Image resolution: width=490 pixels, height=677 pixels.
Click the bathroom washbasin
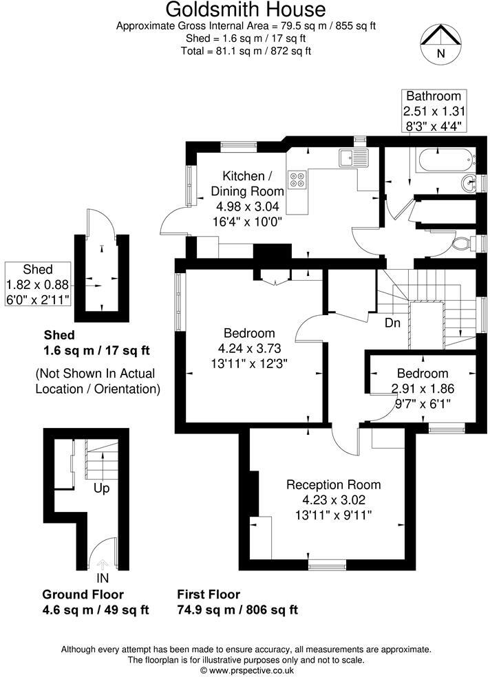[469, 183]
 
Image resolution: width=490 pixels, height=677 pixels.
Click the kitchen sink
[354, 158]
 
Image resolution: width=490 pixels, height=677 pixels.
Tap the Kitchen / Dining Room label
[246, 183]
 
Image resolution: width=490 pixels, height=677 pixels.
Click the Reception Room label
[333, 484]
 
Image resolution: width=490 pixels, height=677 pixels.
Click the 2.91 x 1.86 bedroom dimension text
[423, 388]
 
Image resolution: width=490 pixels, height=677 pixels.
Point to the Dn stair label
[394, 322]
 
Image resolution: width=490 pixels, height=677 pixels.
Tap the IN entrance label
[103, 579]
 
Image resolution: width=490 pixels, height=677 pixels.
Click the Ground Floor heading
[83, 594]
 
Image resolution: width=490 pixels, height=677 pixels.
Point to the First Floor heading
[209, 594]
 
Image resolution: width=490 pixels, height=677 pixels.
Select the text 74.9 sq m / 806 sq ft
[237, 610]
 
